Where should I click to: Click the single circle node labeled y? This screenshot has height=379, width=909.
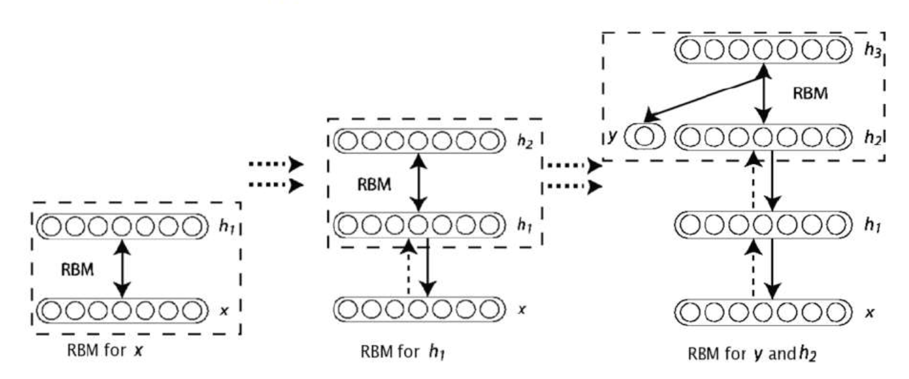point(644,137)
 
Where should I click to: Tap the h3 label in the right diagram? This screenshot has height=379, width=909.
point(872,50)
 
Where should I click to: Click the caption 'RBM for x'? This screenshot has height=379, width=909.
point(105,350)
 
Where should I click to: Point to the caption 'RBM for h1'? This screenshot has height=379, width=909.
point(402,352)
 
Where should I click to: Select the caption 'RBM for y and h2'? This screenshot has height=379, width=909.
point(752,354)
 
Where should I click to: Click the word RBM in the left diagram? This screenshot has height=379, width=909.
point(77,270)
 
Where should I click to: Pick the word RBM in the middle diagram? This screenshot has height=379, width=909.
point(374,185)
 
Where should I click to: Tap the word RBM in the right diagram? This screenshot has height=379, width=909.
point(810,94)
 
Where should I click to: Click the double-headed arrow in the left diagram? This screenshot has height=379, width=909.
point(122,269)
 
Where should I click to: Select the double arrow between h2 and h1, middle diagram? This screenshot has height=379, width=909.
point(419,182)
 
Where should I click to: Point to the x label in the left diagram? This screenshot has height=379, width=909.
point(224,311)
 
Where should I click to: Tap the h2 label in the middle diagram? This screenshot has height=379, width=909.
point(525,141)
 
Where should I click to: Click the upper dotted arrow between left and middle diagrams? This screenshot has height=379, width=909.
point(276,164)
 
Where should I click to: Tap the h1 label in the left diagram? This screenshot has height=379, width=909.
point(226,227)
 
